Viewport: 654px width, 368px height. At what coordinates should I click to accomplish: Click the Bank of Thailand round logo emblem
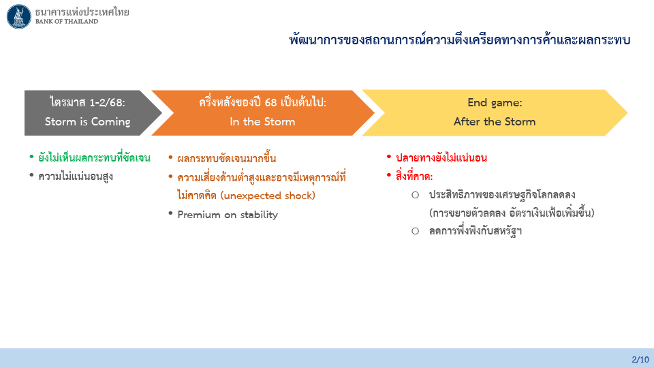click(x=19, y=16)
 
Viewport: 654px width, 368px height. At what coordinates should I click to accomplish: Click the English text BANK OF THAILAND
click(x=67, y=22)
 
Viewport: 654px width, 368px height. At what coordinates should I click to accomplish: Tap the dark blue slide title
click(x=459, y=40)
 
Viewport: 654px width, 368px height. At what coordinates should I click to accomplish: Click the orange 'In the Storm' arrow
click(x=263, y=112)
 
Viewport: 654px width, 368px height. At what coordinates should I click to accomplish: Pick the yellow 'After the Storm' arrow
click(x=495, y=112)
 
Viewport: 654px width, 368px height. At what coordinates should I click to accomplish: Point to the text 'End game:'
click(x=495, y=103)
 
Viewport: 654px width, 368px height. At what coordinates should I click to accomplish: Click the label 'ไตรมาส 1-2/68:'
click(x=88, y=102)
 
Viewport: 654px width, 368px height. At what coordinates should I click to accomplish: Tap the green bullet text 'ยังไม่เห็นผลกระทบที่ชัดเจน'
click(x=94, y=157)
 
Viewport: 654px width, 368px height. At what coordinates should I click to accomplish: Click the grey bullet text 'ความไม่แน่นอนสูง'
click(x=76, y=176)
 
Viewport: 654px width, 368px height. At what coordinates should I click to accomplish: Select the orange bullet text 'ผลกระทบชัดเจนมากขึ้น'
click(x=226, y=158)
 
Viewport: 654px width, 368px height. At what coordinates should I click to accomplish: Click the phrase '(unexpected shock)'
click(x=267, y=196)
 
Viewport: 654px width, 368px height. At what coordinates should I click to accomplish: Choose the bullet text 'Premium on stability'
click(x=228, y=215)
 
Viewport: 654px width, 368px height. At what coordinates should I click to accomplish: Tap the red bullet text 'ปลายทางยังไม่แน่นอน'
click(x=441, y=157)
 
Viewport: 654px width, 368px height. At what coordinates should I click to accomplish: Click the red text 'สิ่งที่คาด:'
click(x=414, y=176)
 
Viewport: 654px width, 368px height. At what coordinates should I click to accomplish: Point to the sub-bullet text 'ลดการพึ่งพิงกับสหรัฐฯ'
click(x=475, y=231)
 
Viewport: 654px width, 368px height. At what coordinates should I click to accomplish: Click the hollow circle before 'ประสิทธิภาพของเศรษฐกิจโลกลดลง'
click(x=415, y=195)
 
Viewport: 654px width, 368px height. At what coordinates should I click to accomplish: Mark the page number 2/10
click(x=640, y=360)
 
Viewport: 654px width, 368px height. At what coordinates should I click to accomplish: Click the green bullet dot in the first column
click(x=31, y=157)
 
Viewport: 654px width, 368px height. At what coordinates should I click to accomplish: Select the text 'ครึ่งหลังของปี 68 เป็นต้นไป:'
click(x=263, y=102)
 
